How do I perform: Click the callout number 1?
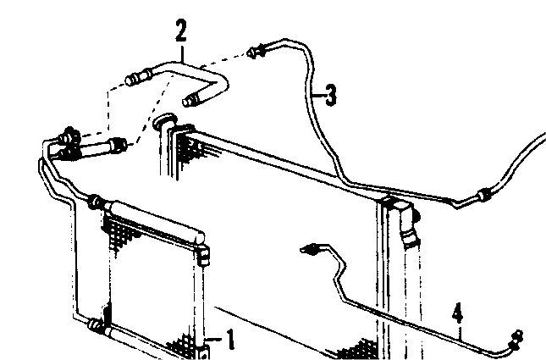(x=230, y=340)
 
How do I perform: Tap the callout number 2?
(x=181, y=30)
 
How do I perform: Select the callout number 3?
(x=331, y=95)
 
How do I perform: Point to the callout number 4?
(x=458, y=313)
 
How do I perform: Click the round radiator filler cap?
(x=165, y=120)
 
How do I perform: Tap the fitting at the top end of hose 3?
(x=256, y=52)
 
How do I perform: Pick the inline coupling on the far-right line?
(x=484, y=195)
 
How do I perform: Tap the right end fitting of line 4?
(x=516, y=340)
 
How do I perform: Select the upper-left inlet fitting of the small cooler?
(x=97, y=202)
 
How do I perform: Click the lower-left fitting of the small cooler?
(x=96, y=324)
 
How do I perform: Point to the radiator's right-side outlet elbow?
(x=408, y=223)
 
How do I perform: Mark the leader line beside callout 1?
(x=215, y=339)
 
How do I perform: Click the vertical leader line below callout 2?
(x=182, y=53)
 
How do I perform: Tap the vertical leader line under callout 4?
(x=460, y=332)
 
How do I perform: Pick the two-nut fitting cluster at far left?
(x=69, y=144)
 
